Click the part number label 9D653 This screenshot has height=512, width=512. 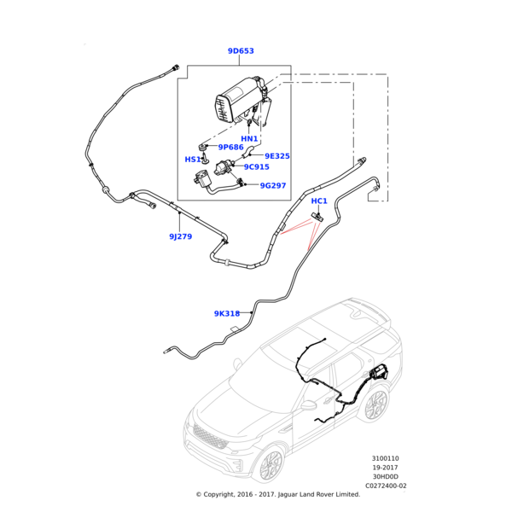point(241,51)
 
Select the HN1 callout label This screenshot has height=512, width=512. point(249,139)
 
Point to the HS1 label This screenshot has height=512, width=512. point(193,160)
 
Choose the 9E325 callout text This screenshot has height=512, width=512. point(277,156)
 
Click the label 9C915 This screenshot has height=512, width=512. point(256,167)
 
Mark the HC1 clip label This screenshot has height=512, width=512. point(319,201)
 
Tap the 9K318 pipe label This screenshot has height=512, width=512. point(227,314)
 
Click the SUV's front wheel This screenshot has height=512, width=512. point(271,464)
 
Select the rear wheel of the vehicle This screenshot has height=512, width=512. point(375,404)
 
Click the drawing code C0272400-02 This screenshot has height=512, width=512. point(386,486)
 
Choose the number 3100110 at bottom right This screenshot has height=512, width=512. point(385,458)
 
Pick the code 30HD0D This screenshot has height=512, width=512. point(386,476)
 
